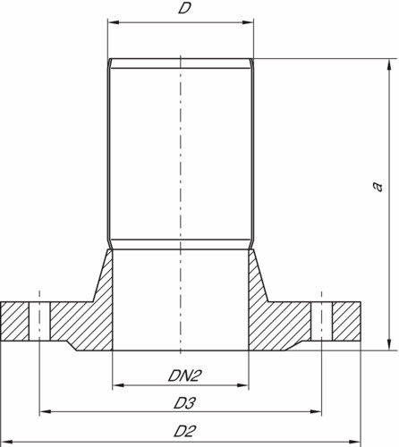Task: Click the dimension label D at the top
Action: (x=184, y=8)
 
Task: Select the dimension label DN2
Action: (x=183, y=375)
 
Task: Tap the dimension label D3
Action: (x=185, y=403)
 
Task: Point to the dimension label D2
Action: (x=185, y=431)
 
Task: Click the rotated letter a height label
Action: (x=378, y=186)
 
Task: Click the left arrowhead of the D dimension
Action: (x=114, y=22)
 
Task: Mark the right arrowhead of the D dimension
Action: (x=248, y=22)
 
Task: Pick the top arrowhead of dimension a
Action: (x=389, y=64)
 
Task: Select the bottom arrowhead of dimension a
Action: (x=389, y=344)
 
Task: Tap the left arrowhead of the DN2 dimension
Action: (x=118, y=385)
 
